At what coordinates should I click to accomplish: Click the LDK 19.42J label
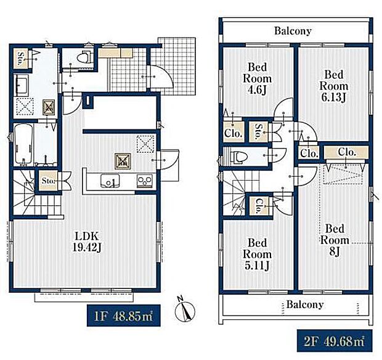(87, 242)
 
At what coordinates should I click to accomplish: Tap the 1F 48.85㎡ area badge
(124, 316)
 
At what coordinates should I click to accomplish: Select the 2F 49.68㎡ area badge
(335, 341)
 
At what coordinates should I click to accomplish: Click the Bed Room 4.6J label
(258, 78)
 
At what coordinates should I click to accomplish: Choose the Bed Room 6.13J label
(334, 86)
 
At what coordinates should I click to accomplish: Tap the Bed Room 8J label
(335, 240)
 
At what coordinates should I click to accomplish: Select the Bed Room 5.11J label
(258, 255)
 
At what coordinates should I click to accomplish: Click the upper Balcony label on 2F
(293, 31)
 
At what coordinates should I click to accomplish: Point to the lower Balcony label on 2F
(305, 305)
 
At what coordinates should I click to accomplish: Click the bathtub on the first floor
(23, 144)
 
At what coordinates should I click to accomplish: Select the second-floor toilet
(238, 156)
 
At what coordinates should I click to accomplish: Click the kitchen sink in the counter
(110, 181)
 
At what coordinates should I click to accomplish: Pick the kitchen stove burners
(145, 181)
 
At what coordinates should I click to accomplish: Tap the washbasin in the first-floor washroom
(22, 85)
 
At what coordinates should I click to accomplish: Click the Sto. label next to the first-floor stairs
(48, 181)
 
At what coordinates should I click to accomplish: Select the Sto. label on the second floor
(259, 132)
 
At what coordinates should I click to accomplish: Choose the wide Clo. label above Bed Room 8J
(347, 152)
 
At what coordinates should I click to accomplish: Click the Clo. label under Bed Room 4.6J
(234, 133)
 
